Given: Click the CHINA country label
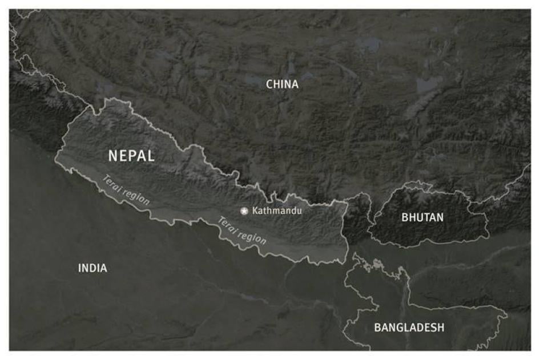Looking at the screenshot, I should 282,84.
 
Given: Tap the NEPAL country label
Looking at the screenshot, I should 131,156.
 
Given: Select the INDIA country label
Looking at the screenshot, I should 92,268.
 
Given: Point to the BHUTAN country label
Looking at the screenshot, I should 422,217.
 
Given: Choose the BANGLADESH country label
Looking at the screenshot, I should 409,327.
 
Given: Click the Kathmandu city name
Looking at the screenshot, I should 277,211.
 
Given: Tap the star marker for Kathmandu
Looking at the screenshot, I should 244,211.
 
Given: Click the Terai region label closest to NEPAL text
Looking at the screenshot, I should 126,190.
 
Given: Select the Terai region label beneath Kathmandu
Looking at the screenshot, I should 242,229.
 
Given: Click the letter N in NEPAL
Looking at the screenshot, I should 113,156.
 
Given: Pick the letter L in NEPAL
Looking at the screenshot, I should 151,156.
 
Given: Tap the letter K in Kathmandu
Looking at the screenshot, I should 255,211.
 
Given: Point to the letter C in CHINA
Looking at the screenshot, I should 270,84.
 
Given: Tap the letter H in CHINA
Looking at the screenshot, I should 277,84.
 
